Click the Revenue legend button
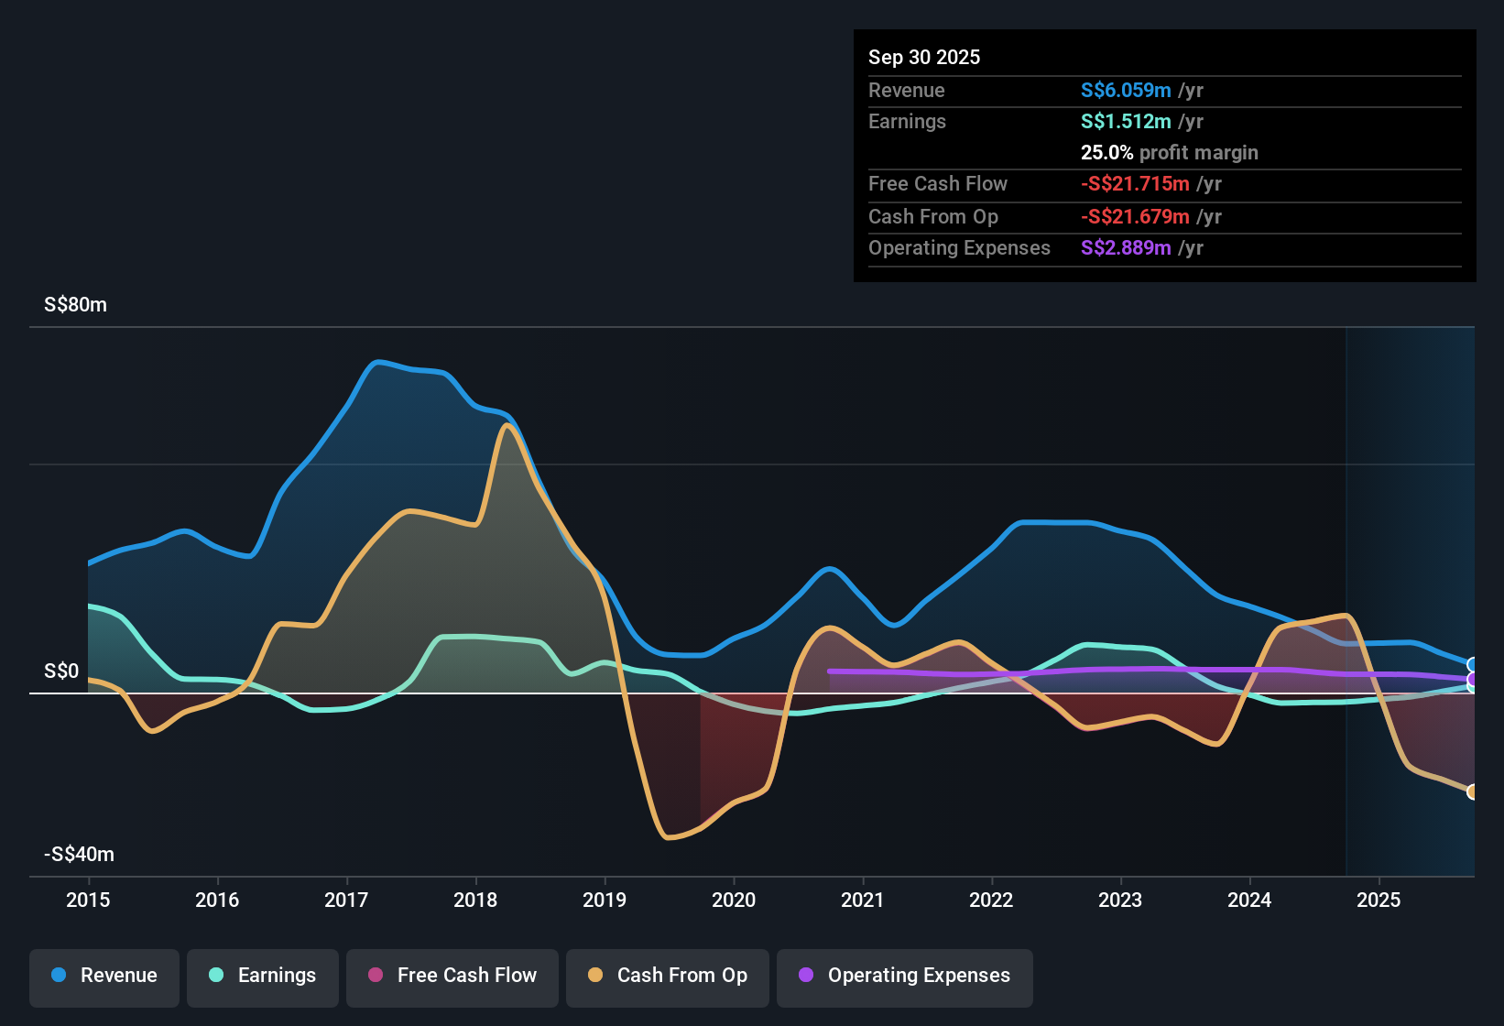pos(104,976)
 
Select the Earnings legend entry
pos(263,976)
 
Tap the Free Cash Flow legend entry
pos(452,976)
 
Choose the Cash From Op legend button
pos(668,976)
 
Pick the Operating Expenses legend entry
pos(905,976)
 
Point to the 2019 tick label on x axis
pos(605,900)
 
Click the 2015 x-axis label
pos(88,900)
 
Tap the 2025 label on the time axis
pos(1379,900)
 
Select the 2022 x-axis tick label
pos(991,900)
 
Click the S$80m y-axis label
pos(75,305)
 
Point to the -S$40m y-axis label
pos(79,855)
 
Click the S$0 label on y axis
pos(61,671)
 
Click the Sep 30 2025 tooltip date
pos(924,57)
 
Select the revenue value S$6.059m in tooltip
pos(1126,90)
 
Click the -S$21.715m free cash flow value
pos(1135,183)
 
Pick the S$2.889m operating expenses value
pos(1126,247)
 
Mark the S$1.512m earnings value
pos(1126,121)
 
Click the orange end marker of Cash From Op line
pos(1472,791)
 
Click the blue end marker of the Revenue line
pos(1472,665)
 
